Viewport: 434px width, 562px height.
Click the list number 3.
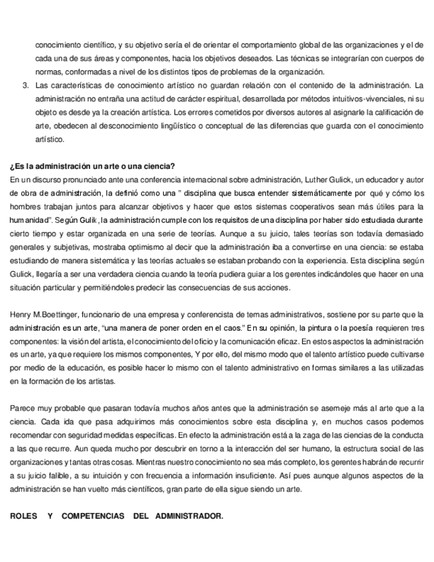(x=25, y=85)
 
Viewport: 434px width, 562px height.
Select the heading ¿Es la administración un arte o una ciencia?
(x=93, y=166)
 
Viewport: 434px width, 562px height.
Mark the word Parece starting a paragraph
(x=23, y=409)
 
